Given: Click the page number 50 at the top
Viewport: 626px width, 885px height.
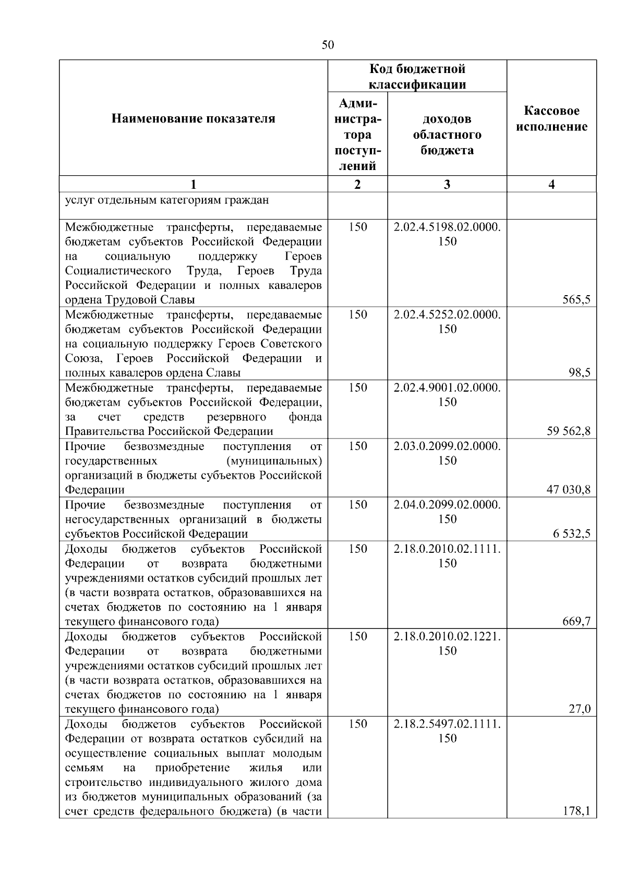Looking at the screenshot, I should coord(328,45).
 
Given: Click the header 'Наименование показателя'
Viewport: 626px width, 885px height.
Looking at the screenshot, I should coord(193,119).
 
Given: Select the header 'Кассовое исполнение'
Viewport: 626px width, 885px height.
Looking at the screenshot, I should coord(552,119).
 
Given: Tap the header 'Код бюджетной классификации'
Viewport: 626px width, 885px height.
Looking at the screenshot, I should coord(417,77).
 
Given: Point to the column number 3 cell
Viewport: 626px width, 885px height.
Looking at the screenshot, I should coord(447,184).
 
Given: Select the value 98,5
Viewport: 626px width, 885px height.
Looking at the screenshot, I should coord(580,373).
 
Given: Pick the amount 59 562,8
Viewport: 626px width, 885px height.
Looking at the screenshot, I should coord(569,431).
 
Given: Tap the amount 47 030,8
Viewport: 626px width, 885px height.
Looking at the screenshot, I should coord(569,490).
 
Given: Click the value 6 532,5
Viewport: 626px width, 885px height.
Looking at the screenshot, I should coord(572,534).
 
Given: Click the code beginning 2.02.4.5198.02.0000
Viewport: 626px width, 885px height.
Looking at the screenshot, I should coord(448,234).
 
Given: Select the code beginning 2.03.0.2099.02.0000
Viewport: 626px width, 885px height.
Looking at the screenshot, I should coord(448,453).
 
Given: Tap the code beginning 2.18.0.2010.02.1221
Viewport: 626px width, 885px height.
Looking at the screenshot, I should coord(448,644).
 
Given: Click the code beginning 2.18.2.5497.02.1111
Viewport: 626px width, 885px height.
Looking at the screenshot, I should coord(448,731).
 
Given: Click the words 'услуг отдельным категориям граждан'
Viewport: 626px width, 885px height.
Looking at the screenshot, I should coord(167,200).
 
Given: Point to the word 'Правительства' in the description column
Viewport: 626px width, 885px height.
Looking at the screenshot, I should coord(105,431).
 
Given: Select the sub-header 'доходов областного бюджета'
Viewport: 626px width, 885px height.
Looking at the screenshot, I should coord(447,135).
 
